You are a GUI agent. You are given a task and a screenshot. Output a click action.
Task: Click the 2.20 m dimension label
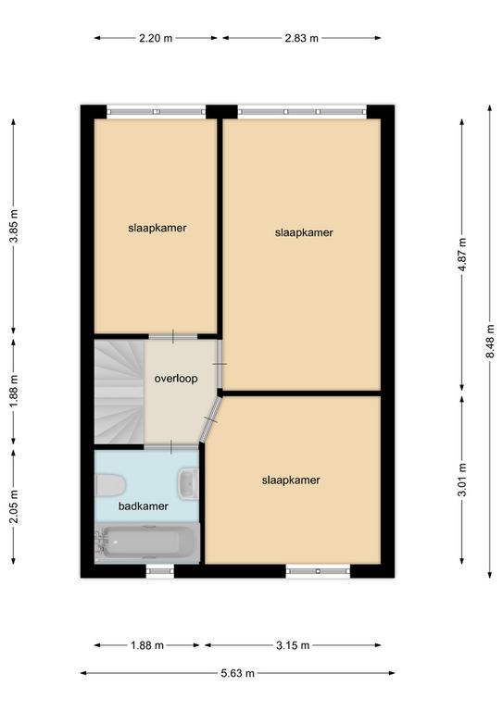coord(156,38)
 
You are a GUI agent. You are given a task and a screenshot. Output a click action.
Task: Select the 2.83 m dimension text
coord(302,38)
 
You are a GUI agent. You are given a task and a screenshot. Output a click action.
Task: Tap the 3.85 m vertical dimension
coord(14,226)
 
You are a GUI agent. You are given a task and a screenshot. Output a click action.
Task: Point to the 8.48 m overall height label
coord(490,341)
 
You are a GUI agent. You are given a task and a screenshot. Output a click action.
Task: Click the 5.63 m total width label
coord(238,673)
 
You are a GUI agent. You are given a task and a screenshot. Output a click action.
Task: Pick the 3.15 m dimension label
coord(293,644)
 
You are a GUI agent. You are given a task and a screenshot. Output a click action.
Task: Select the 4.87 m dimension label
coord(462,255)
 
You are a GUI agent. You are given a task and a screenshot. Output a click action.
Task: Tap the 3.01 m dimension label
coord(462,480)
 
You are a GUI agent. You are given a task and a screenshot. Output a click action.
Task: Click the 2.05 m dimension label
coord(14,506)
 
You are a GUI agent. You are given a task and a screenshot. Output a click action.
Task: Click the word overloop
coord(176,379)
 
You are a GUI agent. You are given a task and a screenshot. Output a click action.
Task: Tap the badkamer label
coord(144,506)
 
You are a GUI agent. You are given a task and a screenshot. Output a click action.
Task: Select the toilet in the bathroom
coord(109,485)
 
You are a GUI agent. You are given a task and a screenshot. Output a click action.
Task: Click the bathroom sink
coord(188,484)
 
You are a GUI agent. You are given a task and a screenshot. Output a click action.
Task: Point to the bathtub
coord(147,543)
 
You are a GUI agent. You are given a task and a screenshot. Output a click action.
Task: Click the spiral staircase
coord(119,392)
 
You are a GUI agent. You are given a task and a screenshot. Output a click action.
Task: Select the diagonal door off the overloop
coord(211,419)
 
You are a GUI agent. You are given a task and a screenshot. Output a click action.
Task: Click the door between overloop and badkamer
coord(171,447)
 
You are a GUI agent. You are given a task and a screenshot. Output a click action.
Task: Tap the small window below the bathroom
coord(159,571)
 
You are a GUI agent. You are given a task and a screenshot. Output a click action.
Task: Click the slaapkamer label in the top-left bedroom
coord(157,228)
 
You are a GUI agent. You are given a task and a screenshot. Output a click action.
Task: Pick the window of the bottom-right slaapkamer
coord(318,571)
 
